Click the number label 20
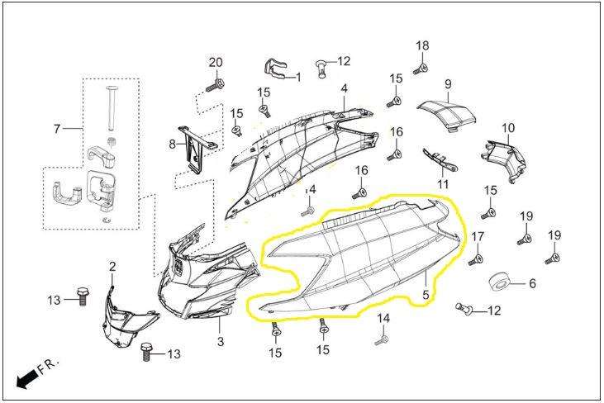[216, 64]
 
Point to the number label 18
[422, 45]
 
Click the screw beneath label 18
[421, 67]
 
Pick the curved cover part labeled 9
[445, 114]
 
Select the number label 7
[57, 129]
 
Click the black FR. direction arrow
[28, 378]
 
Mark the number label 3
[221, 342]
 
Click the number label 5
[426, 294]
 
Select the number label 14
[383, 318]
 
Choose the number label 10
[508, 128]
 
